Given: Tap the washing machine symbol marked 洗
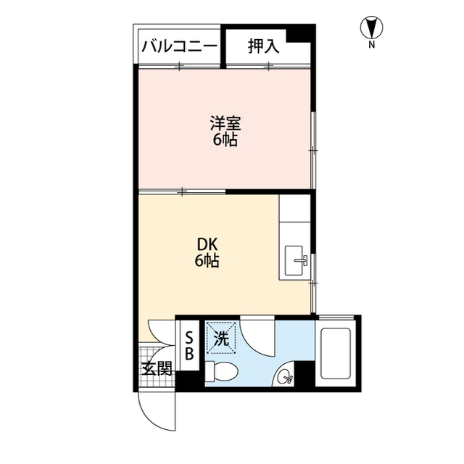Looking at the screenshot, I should (x=221, y=338).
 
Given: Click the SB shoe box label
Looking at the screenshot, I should (x=188, y=347).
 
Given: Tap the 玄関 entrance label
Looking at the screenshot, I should (x=157, y=368).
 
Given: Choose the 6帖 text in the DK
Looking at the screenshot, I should (x=207, y=262).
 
